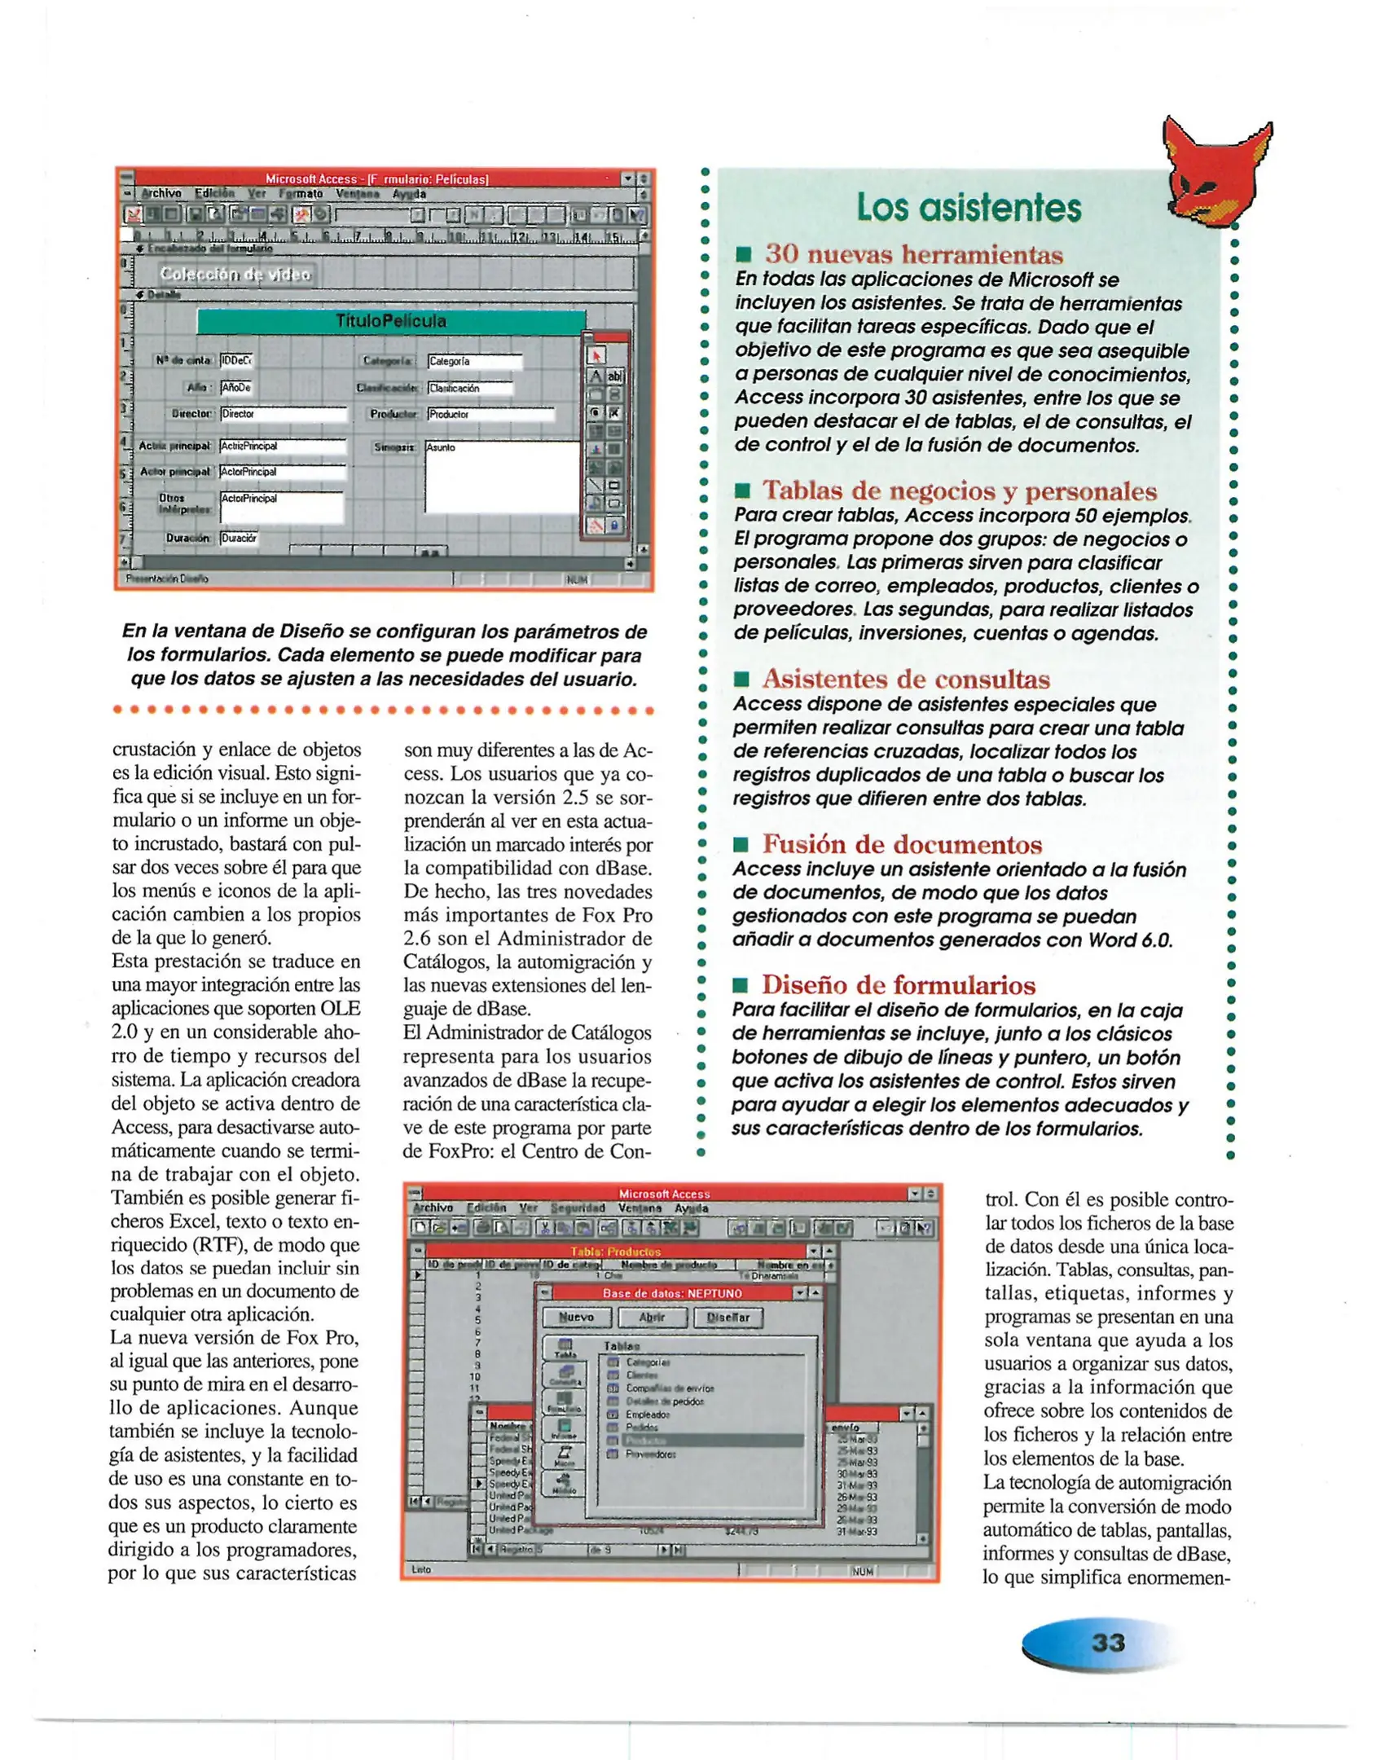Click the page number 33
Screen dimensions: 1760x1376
[1108, 1642]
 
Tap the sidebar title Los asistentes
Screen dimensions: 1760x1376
[968, 208]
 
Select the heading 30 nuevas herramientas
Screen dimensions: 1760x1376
[913, 254]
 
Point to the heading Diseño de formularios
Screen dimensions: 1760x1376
[898, 984]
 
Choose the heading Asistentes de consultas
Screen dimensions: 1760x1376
[905, 679]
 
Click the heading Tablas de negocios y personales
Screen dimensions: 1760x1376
[959, 491]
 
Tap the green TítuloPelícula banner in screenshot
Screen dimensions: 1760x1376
[391, 321]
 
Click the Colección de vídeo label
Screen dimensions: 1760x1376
[235, 275]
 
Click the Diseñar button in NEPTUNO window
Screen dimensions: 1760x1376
[727, 1318]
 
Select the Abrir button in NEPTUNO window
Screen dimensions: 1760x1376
[652, 1318]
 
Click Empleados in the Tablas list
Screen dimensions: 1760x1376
[647, 1415]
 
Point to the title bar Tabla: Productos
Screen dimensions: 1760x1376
[615, 1252]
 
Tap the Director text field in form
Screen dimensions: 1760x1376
[282, 414]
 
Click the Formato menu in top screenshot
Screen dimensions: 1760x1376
[301, 194]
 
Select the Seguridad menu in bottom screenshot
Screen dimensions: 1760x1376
[578, 1208]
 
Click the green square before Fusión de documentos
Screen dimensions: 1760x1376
[741, 844]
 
